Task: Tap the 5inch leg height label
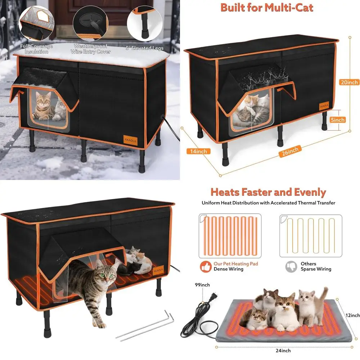tap(337, 120)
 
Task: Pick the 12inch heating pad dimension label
tap(351, 315)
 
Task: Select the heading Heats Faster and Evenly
tap(268, 192)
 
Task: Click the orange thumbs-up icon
tap(206, 266)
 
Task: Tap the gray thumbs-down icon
tap(291, 266)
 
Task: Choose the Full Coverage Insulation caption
tap(36, 49)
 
